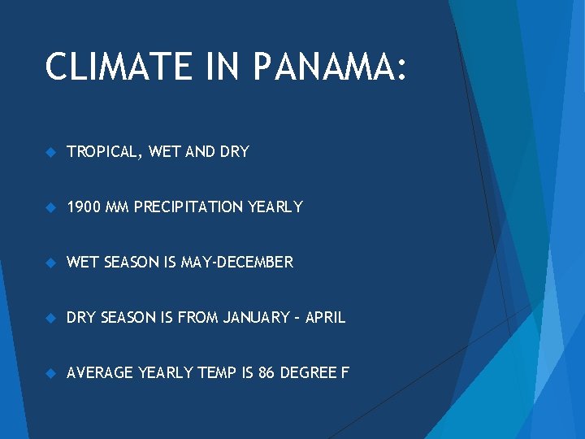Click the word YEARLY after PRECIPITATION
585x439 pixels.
coord(275,207)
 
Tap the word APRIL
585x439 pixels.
coord(325,318)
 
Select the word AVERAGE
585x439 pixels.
coord(100,373)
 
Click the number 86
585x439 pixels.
coord(266,373)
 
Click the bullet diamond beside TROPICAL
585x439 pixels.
coord(50,152)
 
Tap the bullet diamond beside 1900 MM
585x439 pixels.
coord(50,207)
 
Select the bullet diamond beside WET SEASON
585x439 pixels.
coord(50,263)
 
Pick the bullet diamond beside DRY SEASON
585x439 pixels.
coord(50,318)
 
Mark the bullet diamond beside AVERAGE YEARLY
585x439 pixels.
coord(50,373)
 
